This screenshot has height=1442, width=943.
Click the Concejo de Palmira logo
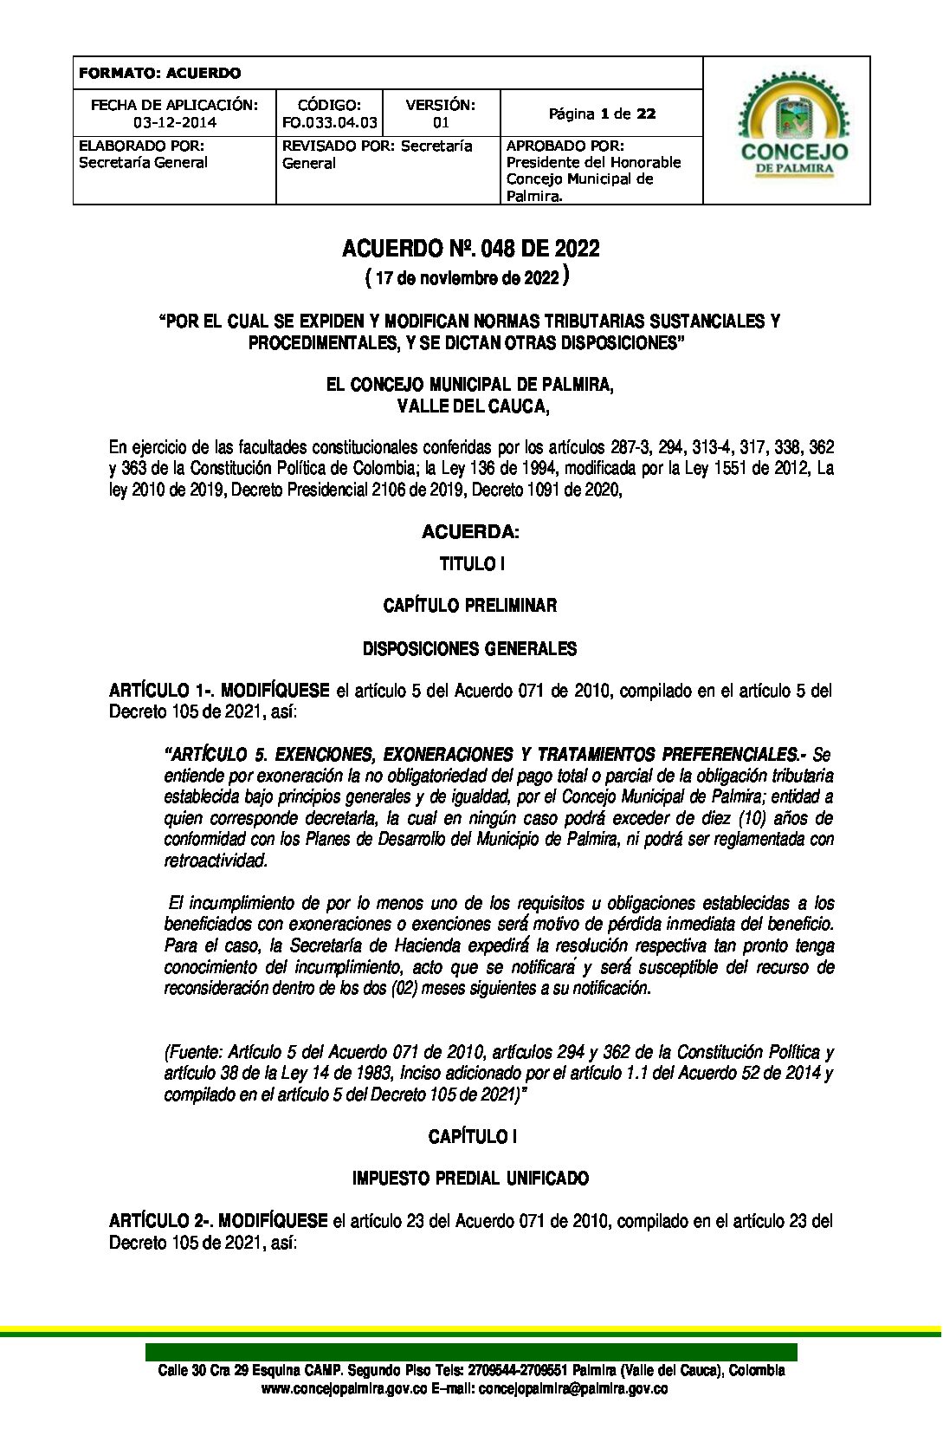(x=786, y=130)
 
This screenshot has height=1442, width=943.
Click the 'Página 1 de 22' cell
(x=602, y=114)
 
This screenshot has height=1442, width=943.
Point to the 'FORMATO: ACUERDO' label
(x=159, y=74)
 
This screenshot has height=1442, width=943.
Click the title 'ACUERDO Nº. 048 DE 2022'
(x=470, y=250)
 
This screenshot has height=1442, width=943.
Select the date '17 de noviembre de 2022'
(x=468, y=278)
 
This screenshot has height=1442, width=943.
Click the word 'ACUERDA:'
(x=470, y=531)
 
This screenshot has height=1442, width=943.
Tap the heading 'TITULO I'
(x=471, y=564)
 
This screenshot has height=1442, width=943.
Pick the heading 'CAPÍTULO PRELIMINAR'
(x=470, y=606)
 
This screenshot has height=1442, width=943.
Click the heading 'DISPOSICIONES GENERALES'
(x=470, y=649)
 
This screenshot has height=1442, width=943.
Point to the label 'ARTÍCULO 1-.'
(x=161, y=691)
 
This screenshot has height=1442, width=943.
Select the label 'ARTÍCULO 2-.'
(x=160, y=1221)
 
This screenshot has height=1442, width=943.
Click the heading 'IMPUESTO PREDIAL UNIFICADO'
(x=470, y=1179)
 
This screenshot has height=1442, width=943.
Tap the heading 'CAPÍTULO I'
(x=472, y=1136)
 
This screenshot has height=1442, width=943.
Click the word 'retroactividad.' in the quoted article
(x=216, y=861)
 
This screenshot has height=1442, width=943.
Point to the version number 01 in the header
(x=441, y=123)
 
